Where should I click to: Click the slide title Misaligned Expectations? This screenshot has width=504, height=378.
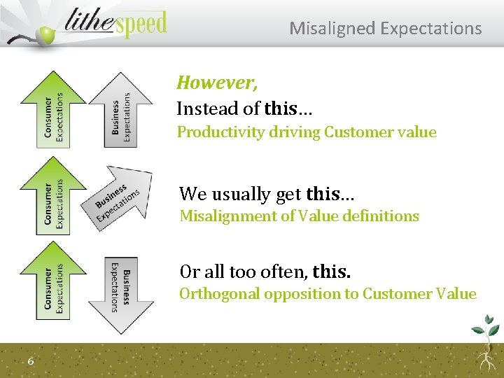click(x=385, y=29)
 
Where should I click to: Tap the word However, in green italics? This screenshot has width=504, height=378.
click(x=217, y=83)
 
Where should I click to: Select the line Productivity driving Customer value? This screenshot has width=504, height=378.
click(x=306, y=132)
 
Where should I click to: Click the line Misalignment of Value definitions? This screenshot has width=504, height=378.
click(x=299, y=216)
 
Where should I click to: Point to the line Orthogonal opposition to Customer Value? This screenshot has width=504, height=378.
click(x=327, y=293)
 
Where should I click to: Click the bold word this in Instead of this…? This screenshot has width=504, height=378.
click(x=281, y=108)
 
